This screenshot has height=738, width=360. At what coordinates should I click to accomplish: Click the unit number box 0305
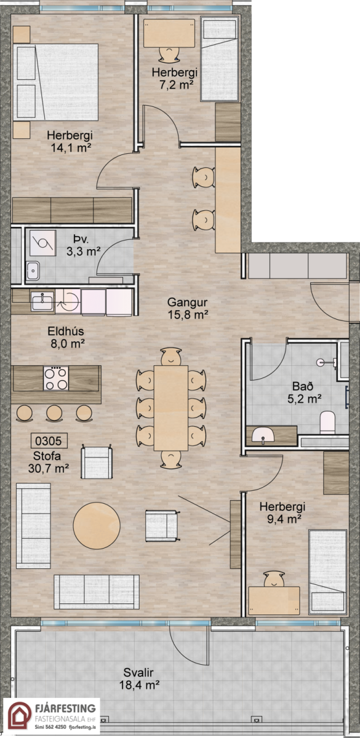[x=49, y=440]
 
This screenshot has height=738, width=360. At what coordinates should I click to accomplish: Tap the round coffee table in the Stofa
[x=97, y=525]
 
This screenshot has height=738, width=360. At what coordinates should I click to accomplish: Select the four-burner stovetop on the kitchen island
[x=56, y=379]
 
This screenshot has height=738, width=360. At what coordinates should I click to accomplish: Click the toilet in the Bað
[x=327, y=423]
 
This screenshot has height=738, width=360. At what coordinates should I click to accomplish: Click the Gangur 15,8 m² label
[x=188, y=308]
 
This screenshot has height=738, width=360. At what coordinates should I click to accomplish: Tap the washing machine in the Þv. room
[x=42, y=243]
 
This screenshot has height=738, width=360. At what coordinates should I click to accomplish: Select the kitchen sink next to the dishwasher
[x=42, y=301]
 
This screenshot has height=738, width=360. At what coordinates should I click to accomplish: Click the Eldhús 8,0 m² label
[x=66, y=338]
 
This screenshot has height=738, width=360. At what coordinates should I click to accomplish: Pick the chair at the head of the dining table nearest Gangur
[x=171, y=357]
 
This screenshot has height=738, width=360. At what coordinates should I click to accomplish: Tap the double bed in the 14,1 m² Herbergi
[x=56, y=82]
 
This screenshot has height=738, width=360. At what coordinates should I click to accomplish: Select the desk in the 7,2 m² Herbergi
[x=169, y=33]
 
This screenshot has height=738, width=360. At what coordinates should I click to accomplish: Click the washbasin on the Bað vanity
[x=263, y=435]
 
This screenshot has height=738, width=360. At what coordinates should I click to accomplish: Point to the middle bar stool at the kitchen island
[x=54, y=413]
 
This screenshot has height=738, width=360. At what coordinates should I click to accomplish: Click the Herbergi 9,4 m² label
[x=282, y=513]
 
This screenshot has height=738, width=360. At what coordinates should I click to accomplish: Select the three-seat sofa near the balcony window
[x=97, y=592]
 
